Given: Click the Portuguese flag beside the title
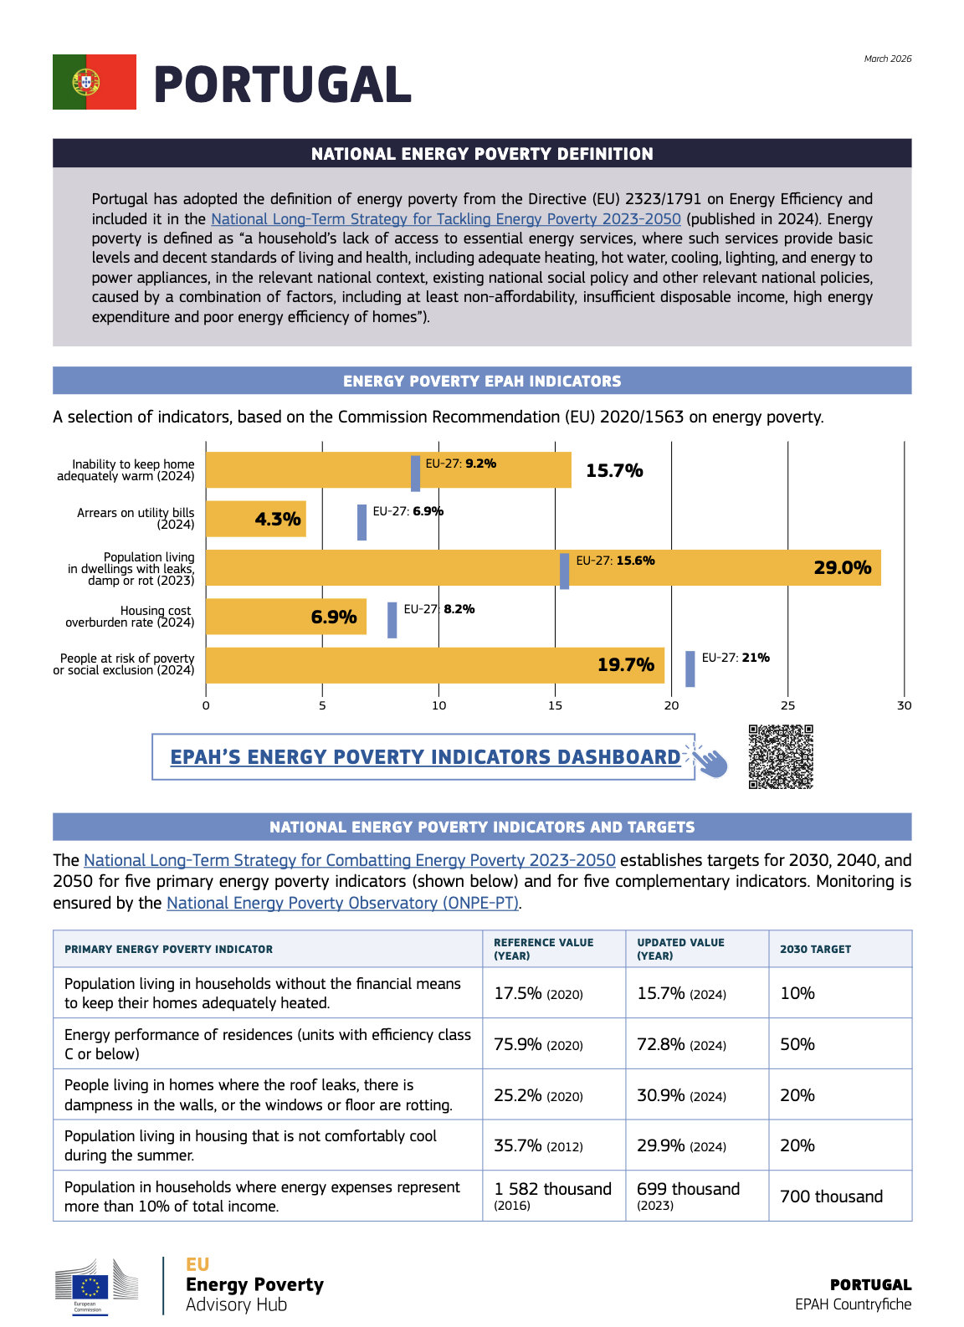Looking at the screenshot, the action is pyautogui.click(x=95, y=82).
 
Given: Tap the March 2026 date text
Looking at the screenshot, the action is pyautogui.click(x=887, y=59).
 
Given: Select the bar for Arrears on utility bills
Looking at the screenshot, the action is pyautogui.click(x=256, y=519).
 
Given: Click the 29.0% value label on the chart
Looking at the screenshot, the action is pyautogui.click(x=842, y=567).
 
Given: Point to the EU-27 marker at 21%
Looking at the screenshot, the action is pyautogui.click(x=690, y=669).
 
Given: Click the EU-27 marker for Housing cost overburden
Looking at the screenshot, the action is pyautogui.click(x=392, y=620).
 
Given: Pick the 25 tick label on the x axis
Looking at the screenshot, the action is pyautogui.click(x=787, y=705).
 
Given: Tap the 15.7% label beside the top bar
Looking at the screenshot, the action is pyautogui.click(x=614, y=470).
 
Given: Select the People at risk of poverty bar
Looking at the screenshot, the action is pyautogui.click(x=435, y=665).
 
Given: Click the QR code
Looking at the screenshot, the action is pyautogui.click(x=781, y=756).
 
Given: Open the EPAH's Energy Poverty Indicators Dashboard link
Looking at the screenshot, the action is pyautogui.click(x=425, y=757).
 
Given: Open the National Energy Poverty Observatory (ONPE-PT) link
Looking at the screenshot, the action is pyautogui.click(x=342, y=903).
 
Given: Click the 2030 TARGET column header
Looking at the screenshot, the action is pyautogui.click(x=815, y=949).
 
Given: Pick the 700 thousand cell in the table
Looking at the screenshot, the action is pyautogui.click(x=831, y=1196).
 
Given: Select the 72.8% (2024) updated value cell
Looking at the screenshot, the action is pyautogui.click(x=681, y=1044).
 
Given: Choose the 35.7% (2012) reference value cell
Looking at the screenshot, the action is pyautogui.click(x=538, y=1145).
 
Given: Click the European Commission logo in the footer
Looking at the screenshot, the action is pyautogui.click(x=96, y=1286).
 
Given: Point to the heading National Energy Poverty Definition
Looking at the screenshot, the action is pyautogui.click(x=482, y=154).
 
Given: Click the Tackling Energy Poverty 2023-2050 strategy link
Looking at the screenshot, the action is pyautogui.click(x=445, y=218).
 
